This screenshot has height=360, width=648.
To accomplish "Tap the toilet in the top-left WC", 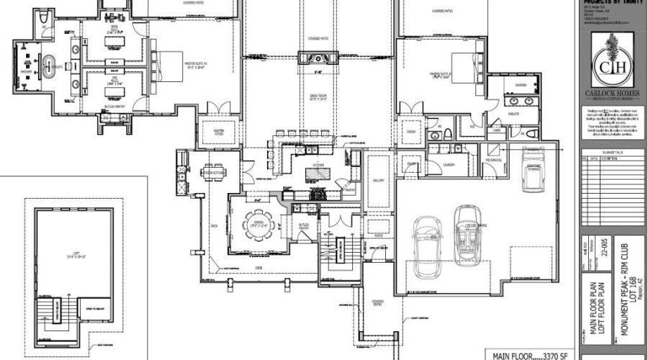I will (44, 16).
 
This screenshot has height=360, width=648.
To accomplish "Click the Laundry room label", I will (449, 165).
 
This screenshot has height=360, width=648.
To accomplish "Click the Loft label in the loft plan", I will (71, 254).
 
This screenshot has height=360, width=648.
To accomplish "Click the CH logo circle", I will (612, 69).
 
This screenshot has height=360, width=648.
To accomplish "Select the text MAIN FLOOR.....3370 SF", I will (528, 355).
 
